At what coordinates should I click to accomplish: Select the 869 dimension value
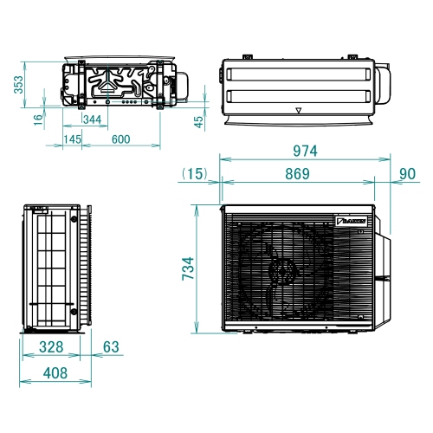[297, 174]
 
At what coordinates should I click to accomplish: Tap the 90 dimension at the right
[408, 174]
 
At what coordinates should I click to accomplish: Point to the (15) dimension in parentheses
[195, 174]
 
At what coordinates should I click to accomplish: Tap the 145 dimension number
[72, 139]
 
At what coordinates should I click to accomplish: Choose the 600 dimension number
[120, 139]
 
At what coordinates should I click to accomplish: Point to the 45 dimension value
[199, 122]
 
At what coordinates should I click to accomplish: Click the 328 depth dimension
[49, 348]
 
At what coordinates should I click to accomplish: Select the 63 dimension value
[110, 348]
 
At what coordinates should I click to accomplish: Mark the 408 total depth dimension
[55, 375]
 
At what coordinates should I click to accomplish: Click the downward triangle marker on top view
[299, 112]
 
